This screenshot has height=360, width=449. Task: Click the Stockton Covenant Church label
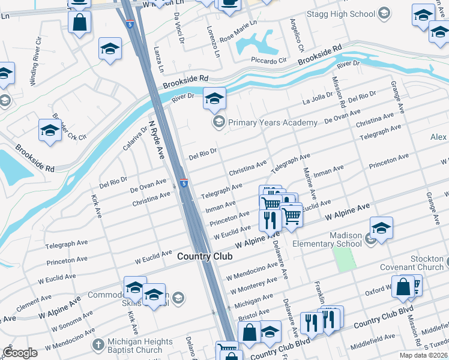click(x=418, y=263)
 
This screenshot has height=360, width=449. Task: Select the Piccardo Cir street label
click(x=268, y=61)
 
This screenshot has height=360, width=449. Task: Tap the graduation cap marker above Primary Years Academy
click(x=214, y=99)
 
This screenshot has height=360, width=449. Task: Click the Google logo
click(x=20, y=353)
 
